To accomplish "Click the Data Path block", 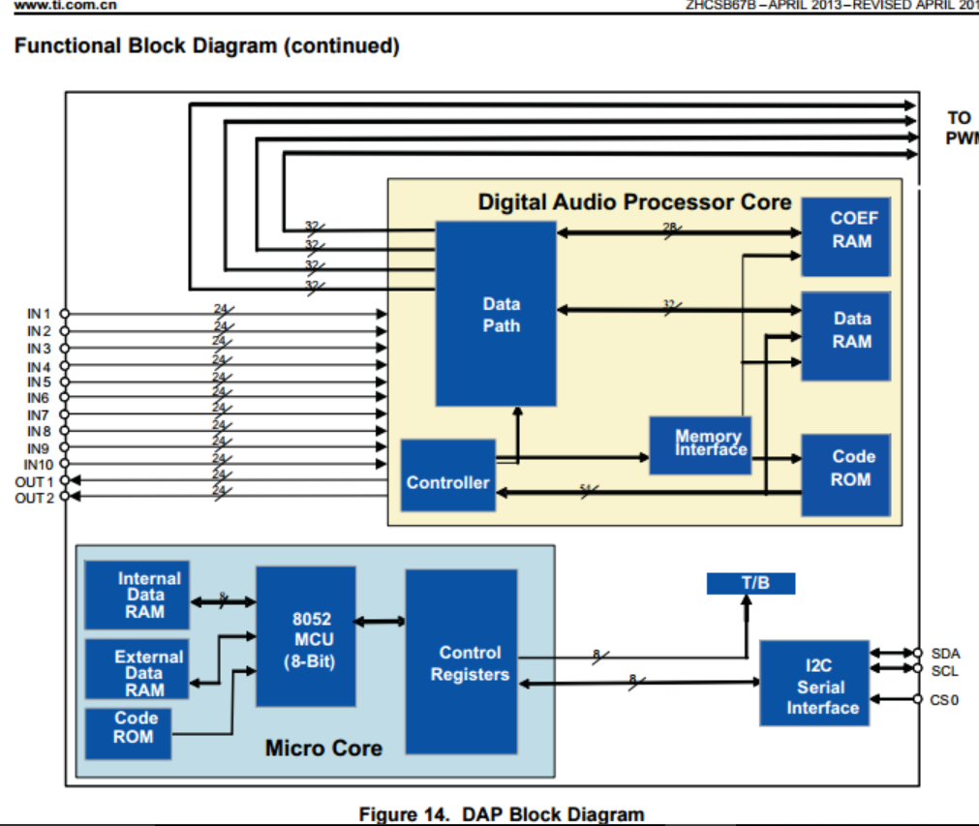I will [x=495, y=314].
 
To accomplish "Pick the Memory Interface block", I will [x=699, y=444].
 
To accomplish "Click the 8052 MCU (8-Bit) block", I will [x=305, y=636].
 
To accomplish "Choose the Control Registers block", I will [x=461, y=661].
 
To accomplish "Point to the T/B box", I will [x=750, y=583].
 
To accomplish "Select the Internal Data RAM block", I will [x=137, y=595].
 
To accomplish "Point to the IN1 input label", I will [x=38, y=314].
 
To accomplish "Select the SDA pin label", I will [x=944, y=654].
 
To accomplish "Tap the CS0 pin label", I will [x=944, y=698].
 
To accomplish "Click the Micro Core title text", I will [x=323, y=748].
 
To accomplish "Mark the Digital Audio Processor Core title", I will [x=634, y=202].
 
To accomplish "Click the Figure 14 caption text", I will [x=501, y=814].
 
